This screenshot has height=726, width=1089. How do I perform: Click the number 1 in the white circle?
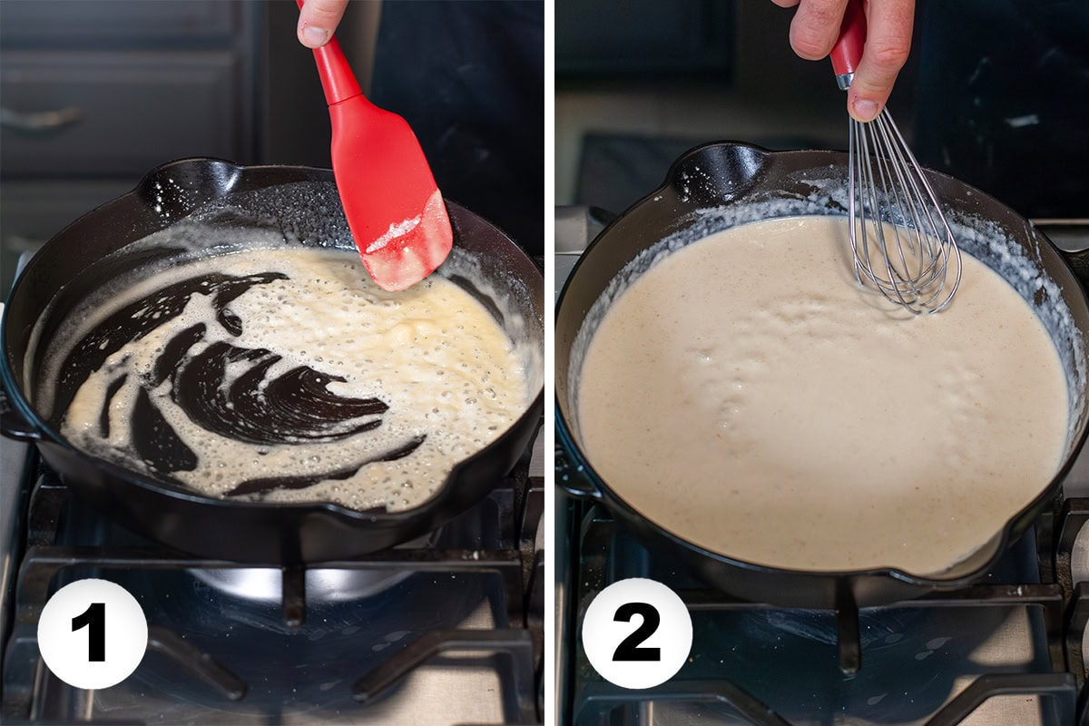pyautogui.click(x=93, y=633)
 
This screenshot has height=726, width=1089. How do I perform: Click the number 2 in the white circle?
pyautogui.click(x=637, y=633)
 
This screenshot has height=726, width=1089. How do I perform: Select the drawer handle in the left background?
pyautogui.click(x=41, y=118)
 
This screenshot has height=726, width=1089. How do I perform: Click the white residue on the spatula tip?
pyautogui.click(x=394, y=232)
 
